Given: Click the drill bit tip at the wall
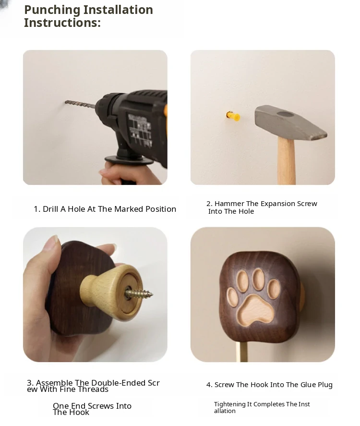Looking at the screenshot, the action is tap(66, 102).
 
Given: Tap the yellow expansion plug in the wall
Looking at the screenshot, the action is tap(233, 116).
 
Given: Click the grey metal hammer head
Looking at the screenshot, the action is tap(290, 122).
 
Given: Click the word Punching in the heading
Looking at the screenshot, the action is tap(52, 10).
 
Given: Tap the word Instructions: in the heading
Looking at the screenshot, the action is tap(62, 23).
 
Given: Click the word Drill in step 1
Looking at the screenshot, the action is tap(50, 209).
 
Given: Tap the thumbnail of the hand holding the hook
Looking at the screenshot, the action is tap(95, 294).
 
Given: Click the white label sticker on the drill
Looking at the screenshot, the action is tap(140, 129).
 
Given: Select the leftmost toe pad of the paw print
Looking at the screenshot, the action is tap(232, 297).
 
